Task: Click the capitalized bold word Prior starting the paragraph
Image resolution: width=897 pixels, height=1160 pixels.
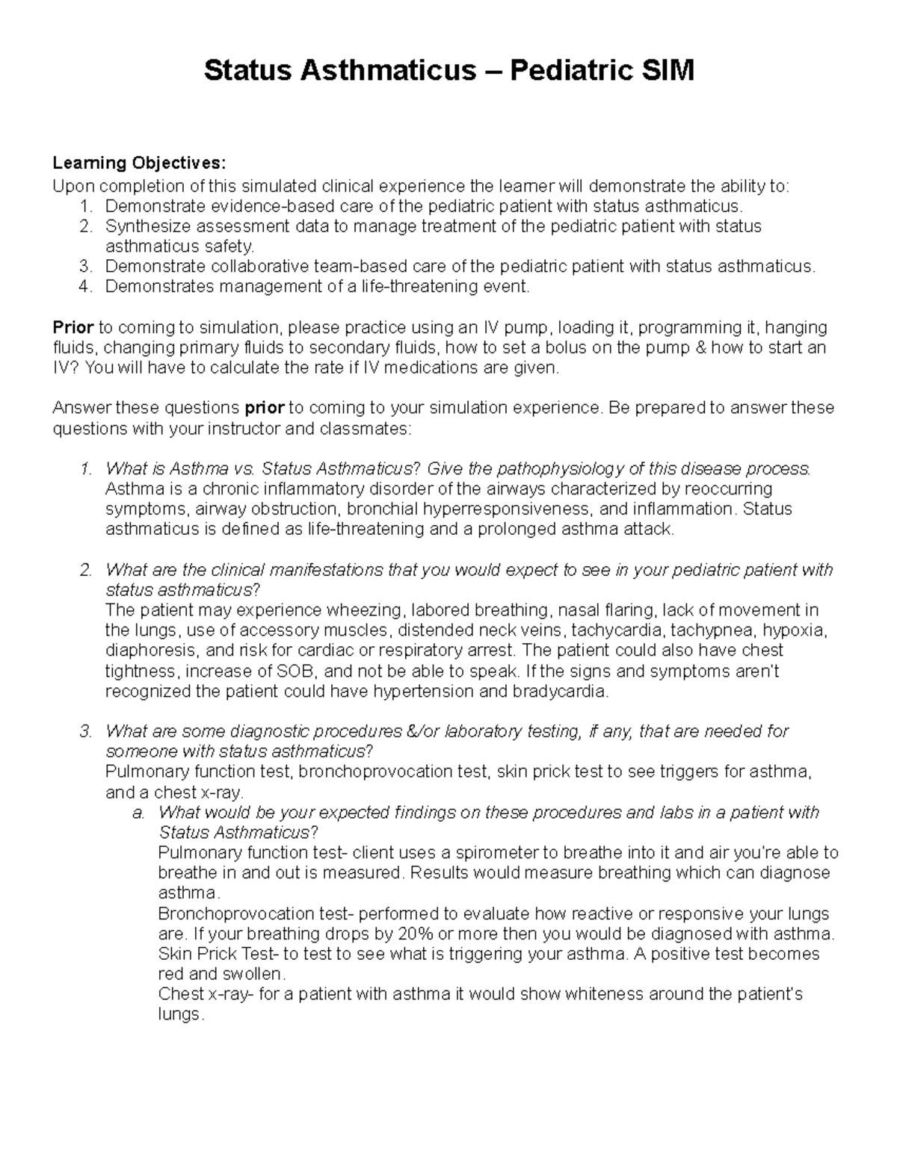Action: pyautogui.click(x=73, y=327)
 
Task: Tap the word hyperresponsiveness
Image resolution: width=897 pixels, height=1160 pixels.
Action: pyautogui.click(x=508, y=509)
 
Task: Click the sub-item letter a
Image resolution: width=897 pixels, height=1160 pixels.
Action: pyautogui.click(x=138, y=813)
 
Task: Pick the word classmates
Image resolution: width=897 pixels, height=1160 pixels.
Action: pyautogui.click(x=364, y=429)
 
